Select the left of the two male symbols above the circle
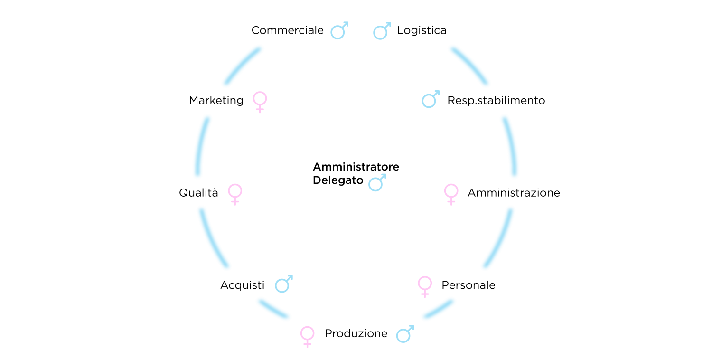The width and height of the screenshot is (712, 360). click(x=338, y=31)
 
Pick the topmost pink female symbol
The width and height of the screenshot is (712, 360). click(x=260, y=101)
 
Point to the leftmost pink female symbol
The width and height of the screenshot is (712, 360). click(x=235, y=193)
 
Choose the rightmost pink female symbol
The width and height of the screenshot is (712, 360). click(x=451, y=193)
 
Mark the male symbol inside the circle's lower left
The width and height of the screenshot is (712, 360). click(x=282, y=284)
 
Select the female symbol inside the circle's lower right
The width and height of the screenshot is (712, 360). click(x=425, y=286)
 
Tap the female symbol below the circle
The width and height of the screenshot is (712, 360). click(x=307, y=336)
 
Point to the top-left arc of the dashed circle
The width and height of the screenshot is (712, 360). click(x=242, y=66)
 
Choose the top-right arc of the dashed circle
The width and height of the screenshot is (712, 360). click(x=469, y=66)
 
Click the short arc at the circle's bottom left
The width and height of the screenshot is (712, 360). click(x=273, y=309)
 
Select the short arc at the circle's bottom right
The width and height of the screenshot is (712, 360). click(x=439, y=309)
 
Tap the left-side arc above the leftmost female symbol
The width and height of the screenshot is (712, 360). click(x=201, y=146)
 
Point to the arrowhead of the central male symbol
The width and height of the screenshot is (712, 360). click(x=384, y=176)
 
